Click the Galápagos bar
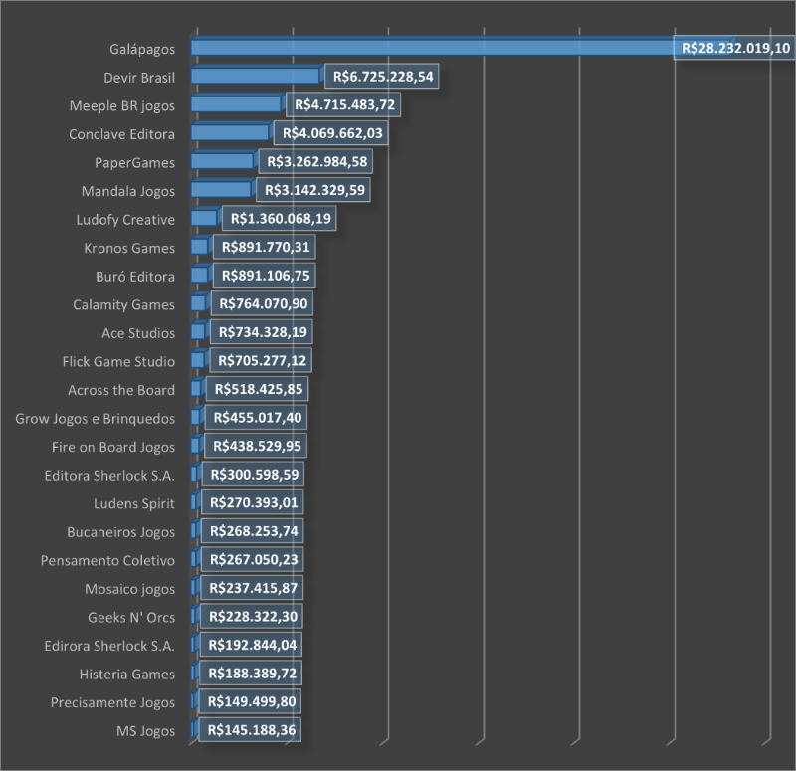pyautogui.click(x=428, y=47)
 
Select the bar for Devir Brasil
pyautogui.click(x=254, y=76)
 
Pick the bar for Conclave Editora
pyautogui.click(x=229, y=132)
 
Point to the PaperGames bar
pyautogui.click(x=221, y=161)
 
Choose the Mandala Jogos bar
pyautogui.click(x=220, y=190)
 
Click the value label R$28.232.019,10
pyautogui.click(x=733, y=48)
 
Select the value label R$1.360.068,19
pyautogui.click(x=282, y=219)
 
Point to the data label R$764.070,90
pyautogui.click(x=262, y=304)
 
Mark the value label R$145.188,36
pyautogui.click(x=249, y=731)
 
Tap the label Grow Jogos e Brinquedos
pyautogui.click(x=96, y=419)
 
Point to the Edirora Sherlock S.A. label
pyautogui.click(x=109, y=646)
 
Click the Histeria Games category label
pyautogui.click(x=127, y=675)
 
